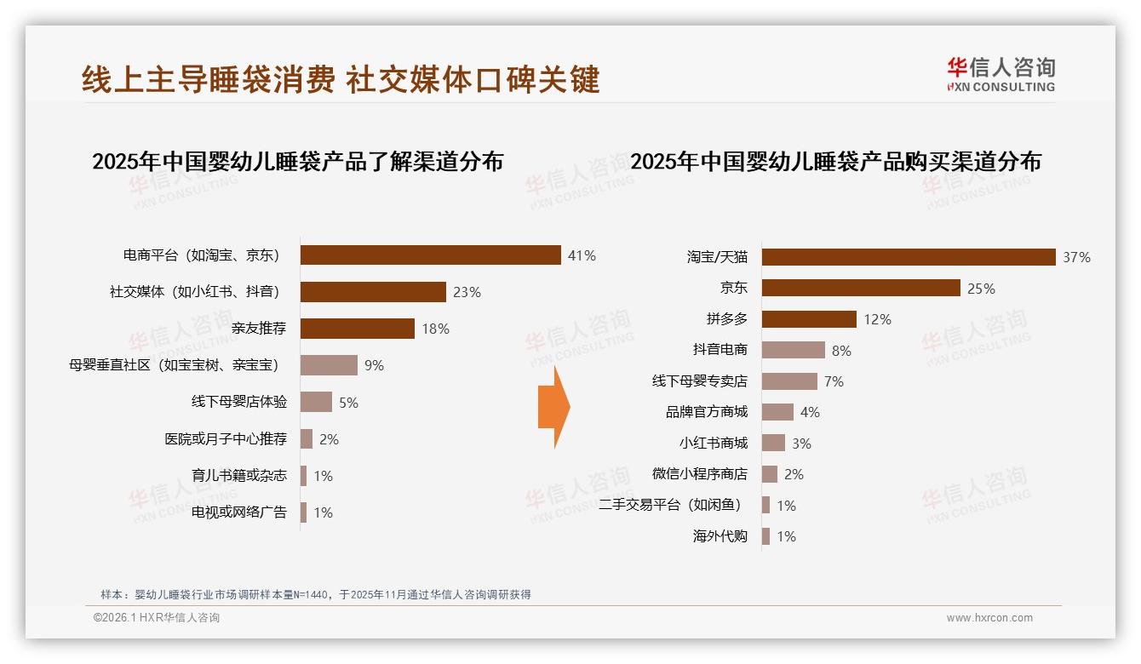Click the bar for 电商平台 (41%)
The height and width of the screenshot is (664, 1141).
tap(430, 255)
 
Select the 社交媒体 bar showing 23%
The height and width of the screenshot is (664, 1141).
tap(373, 292)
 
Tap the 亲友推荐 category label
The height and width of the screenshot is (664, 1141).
tap(259, 329)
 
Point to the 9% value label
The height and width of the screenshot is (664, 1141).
tap(374, 366)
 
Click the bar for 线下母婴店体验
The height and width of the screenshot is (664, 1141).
tap(316, 402)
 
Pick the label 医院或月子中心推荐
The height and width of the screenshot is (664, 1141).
tap(226, 439)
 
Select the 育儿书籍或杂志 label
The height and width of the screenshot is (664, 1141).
tap(239, 476)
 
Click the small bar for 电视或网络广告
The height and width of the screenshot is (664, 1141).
tap(303, 512)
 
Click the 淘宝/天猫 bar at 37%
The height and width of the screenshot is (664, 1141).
tap(909, 257)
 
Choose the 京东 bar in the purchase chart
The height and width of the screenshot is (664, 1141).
tap(861, 288)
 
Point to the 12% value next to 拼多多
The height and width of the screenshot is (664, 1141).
tap(877, 319)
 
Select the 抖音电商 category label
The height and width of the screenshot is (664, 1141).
tap(720, 350)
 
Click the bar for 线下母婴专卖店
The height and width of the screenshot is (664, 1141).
tap(789, 381)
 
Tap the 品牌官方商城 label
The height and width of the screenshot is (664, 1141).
tap(706, 412)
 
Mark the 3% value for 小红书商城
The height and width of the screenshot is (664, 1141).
tap(800, 444)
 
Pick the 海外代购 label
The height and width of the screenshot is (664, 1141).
tap(720, 536)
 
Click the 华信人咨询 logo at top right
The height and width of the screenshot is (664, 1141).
tap(1001, 74)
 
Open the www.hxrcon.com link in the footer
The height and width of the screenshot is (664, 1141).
tap(989, 618)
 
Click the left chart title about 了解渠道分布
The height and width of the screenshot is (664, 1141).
tap(297, 162)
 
